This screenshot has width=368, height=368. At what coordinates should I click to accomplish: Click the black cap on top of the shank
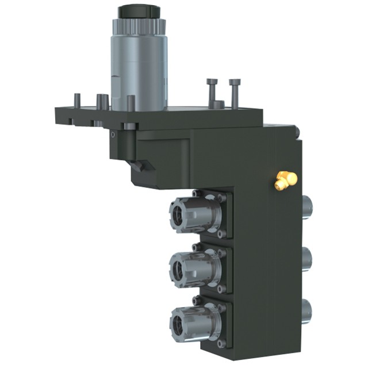138,11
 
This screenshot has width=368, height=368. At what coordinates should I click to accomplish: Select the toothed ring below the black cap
138,25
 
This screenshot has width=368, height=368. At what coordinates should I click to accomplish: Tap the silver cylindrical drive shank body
138,69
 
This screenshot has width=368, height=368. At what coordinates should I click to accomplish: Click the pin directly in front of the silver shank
131,103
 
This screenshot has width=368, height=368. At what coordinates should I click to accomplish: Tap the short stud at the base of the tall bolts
218,105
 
